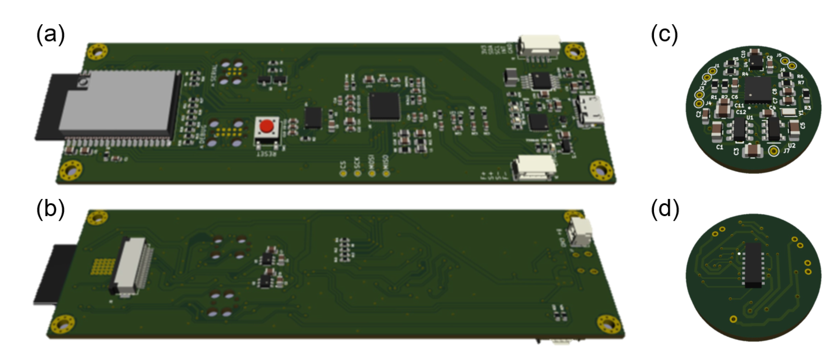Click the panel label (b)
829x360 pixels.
[x=50, y=208]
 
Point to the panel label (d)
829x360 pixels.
[x=665, y=208]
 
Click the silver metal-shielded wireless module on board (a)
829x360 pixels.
[x=118, y=102]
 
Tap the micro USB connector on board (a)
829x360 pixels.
[x=590, y=110]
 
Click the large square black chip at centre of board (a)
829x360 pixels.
[x=384, y=106]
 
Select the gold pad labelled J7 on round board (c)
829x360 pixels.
[x=774, y=150]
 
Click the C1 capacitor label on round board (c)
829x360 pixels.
[x=719, y=147]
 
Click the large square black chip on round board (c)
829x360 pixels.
[x=758, y=90]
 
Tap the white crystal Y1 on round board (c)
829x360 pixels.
[x=788, y=112]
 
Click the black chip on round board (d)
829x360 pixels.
[x=753, y=265]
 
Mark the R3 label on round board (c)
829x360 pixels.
[x=808, y=108]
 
